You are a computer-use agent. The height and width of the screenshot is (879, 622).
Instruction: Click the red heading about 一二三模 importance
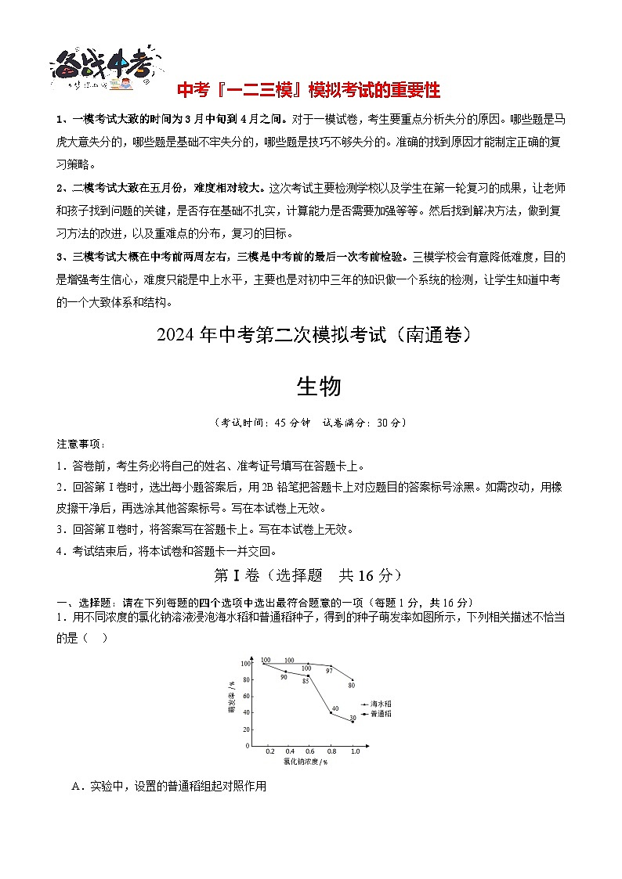pos(308,90)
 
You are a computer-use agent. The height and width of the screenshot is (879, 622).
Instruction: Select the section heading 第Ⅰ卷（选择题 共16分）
pos(309,575)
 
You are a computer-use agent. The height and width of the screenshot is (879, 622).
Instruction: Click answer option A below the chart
pos(169,786)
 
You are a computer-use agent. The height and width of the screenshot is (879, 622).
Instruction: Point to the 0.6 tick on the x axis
pos(310,751)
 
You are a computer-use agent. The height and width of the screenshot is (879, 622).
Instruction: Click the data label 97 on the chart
pos(330,670)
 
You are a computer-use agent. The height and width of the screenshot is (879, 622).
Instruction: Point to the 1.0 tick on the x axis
pos(355,751)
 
